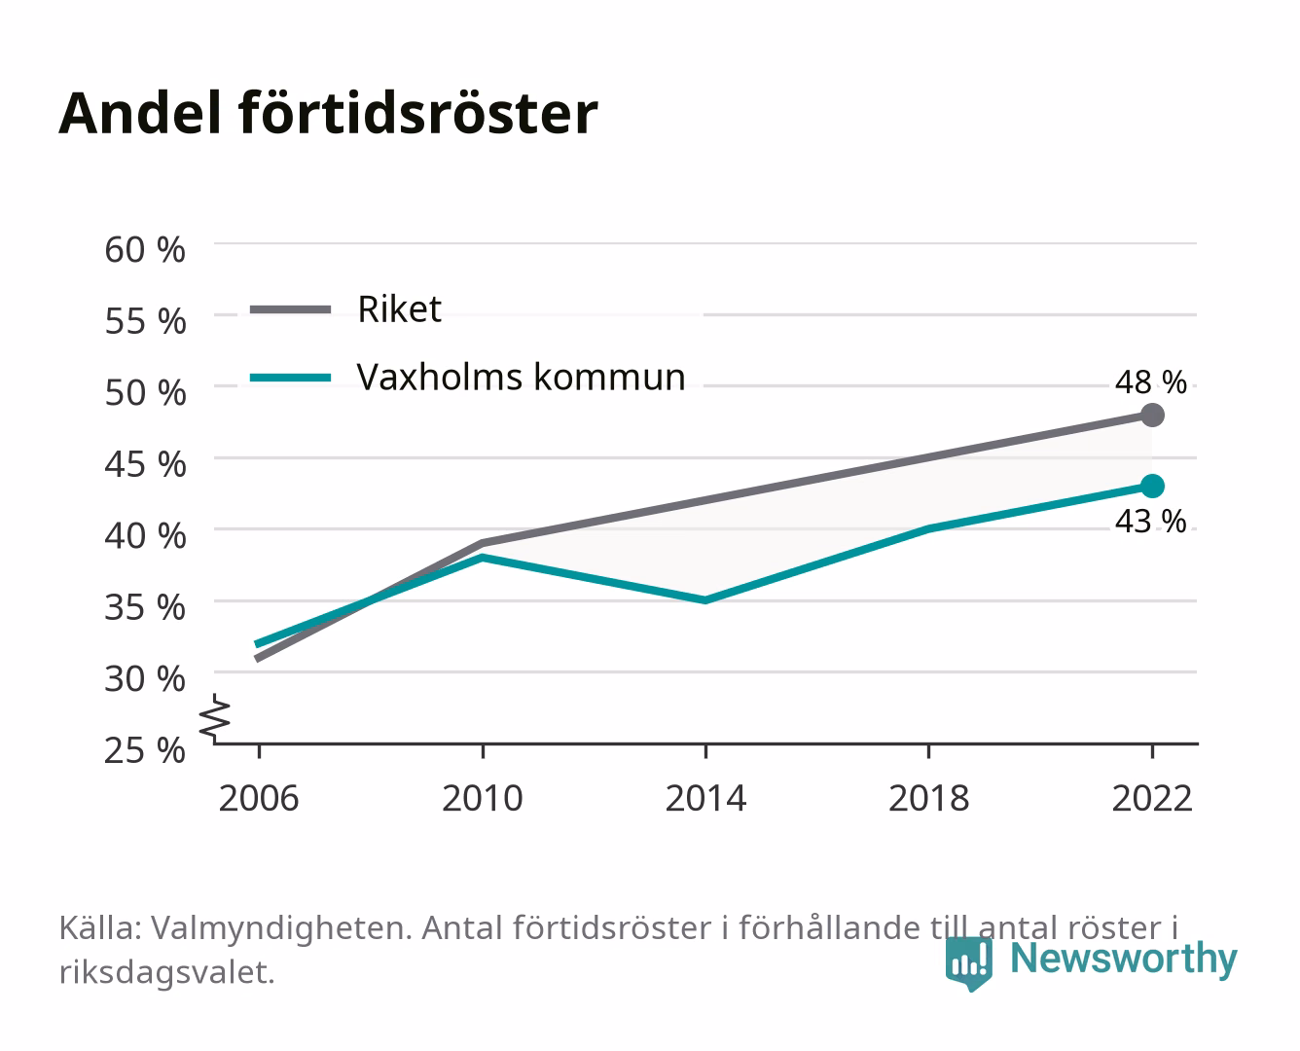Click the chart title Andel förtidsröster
pos(328,114)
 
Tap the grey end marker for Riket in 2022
pos(1152,415)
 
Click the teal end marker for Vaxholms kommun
pos(1152,487)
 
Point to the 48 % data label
pos(1150,382)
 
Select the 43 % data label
pos(1150,522)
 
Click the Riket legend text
pos(399,308)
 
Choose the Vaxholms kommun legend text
pos(522,377)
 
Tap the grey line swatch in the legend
pos(291,309)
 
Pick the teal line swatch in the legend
pos(291,378)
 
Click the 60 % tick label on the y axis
pos(145,250)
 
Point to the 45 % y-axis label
pos(145,464)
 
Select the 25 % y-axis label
pos(145,750)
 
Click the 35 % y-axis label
pos(145,607)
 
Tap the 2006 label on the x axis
pos(259,798)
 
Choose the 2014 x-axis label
pos(705,798)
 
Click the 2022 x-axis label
pos(1152,798)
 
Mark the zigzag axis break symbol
pos(215,718)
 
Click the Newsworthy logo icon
pos(968,962)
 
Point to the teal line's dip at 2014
pos(705,600)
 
